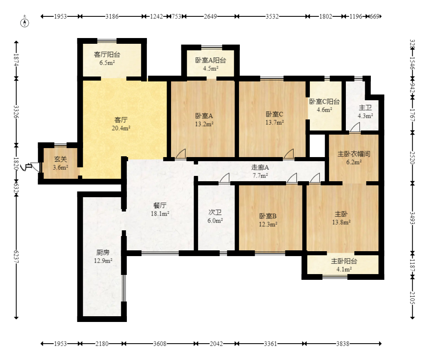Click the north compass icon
point(25,22)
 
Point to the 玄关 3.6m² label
point(61,163)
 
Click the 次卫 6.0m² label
point(215,216)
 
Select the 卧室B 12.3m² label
point(268,220)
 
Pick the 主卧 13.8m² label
point(341,218)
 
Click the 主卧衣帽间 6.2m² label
point(354,158)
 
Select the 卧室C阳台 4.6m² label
point(324,105)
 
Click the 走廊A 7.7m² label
point(260,171)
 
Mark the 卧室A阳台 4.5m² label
point(210,64)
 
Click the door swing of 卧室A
point(181,154)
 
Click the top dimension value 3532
point(272,16)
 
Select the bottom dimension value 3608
point(160,344)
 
